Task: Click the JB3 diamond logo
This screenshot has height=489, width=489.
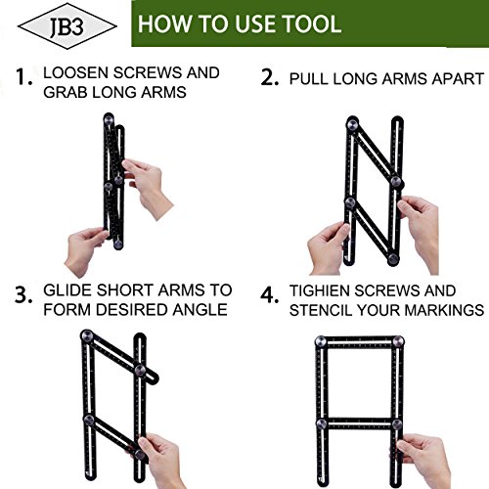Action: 67,26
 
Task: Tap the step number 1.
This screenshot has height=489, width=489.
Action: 23,77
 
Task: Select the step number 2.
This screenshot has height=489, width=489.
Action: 270,78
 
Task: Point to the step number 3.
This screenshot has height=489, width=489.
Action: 23,295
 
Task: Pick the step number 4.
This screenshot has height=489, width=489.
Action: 270,295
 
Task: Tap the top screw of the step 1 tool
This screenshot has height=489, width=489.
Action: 109,119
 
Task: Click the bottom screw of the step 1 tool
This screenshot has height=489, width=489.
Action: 118,244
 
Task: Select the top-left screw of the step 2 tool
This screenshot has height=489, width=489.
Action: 353,124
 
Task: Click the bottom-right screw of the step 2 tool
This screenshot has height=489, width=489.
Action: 393,259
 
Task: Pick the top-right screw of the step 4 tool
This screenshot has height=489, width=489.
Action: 398,341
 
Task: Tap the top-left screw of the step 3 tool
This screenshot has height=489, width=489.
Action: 87,335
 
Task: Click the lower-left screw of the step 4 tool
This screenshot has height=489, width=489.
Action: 322,423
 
